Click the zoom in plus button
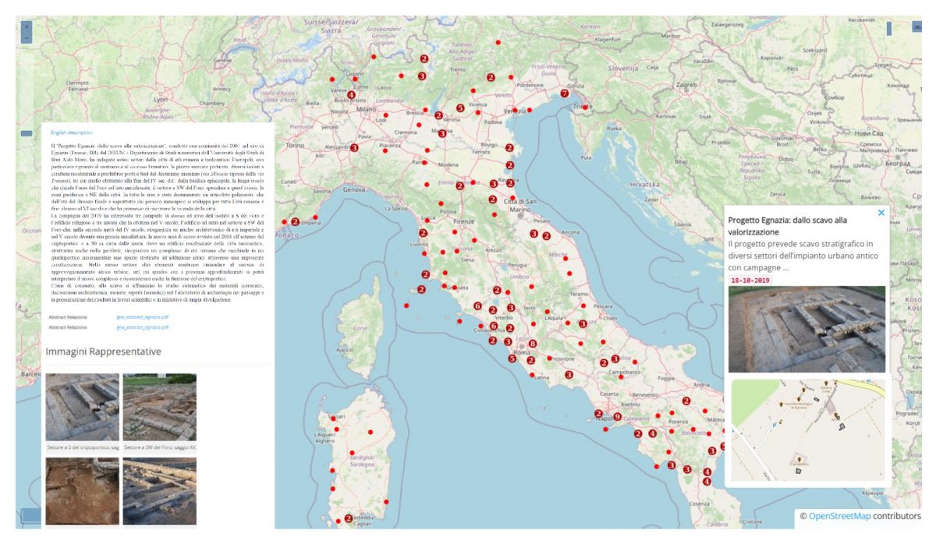tap(27, 26)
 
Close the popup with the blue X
tap(881, 212)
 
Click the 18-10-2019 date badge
tap(750, 280)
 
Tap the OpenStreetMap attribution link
tap(839, 516)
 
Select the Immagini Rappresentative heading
tap(104, 351)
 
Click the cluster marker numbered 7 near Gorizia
tap(565, 94)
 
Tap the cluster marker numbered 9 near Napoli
tap(617, 417)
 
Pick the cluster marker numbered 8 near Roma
tap(533, 344)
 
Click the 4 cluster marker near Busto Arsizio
tap(351, 95)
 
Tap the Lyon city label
tap(161, 101)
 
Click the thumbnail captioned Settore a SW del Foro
tap(159, 407)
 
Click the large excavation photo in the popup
tap(807, 329)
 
